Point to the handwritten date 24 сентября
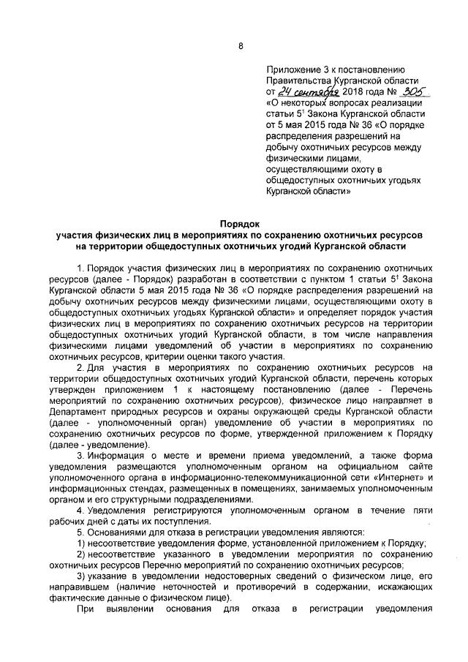click(307, 92)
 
